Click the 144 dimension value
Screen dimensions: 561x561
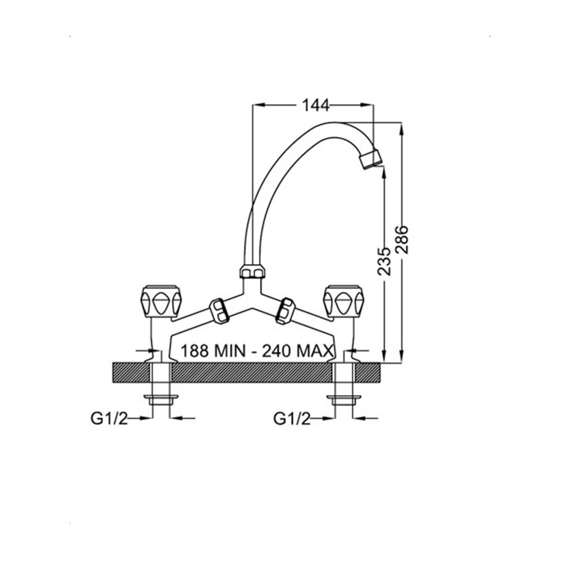point(315,105)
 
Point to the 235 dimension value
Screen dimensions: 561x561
point(385,261)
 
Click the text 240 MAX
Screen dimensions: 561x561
point(298,351)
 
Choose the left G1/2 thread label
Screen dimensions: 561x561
point(109,418)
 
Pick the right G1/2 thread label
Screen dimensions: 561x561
point(292,418)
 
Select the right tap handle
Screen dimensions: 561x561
point(343,301)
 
